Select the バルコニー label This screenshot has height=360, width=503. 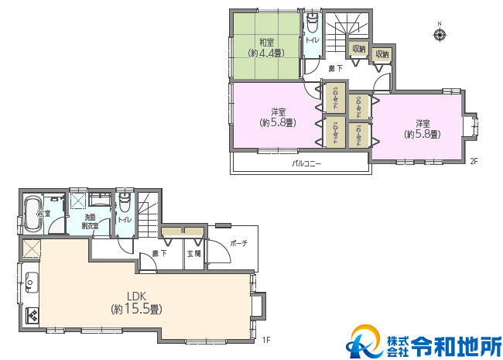306,164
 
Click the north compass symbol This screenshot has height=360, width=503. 440,34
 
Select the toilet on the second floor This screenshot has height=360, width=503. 313,23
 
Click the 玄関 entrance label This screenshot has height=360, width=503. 194,253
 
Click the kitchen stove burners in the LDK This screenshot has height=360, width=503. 33,314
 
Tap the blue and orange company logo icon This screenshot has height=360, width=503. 362,341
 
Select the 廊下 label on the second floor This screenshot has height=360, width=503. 336,69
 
